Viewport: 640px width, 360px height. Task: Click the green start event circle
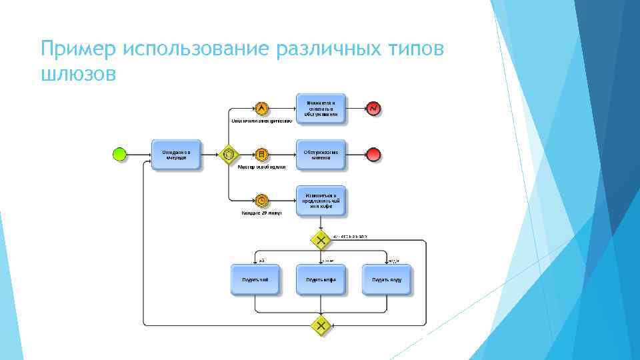point(119,155)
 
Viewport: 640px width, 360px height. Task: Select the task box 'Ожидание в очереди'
point(176,155)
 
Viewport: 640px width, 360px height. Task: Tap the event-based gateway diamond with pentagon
point(229,155)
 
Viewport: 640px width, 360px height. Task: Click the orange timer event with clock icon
point(261,200)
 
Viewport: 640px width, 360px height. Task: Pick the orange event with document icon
point(261,155)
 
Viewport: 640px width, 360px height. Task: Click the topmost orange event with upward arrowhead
point(261,108)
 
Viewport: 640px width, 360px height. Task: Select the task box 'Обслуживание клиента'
point(321,155)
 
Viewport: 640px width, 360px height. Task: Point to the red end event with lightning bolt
point(374,108)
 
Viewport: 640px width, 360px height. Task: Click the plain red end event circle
point(374,155)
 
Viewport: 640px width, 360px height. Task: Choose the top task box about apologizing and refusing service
point(321,109)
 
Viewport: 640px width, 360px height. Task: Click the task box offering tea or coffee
point(321,200)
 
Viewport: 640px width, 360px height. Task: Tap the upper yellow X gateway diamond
point(321,239)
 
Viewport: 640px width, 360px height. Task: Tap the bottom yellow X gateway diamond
point(321,325)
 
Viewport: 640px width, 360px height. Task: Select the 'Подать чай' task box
point(255,280)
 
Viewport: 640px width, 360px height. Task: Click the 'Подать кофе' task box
point(321,280)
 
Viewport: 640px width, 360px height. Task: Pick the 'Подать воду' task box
point(387,280)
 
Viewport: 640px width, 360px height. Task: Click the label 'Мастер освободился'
point(262,167)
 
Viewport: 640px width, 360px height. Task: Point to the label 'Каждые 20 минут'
point(261,213)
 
